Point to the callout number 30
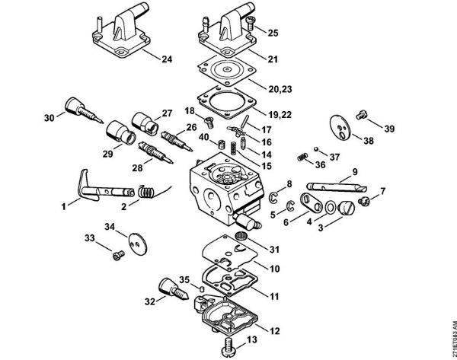coord(50,117)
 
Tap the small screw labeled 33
coord(118,253)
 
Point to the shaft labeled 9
coord(335,186)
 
